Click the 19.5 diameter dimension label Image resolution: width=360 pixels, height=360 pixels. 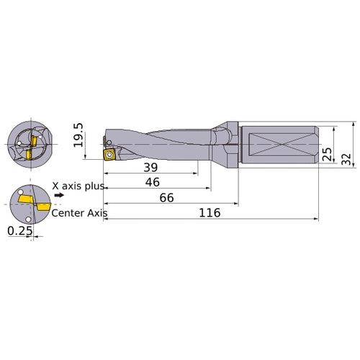78,135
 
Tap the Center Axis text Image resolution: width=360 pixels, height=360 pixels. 79,212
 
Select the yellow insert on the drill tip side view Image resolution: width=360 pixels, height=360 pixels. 110,154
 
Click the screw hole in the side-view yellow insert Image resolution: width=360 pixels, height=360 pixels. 110,154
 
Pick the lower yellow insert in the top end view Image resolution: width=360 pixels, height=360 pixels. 29,154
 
